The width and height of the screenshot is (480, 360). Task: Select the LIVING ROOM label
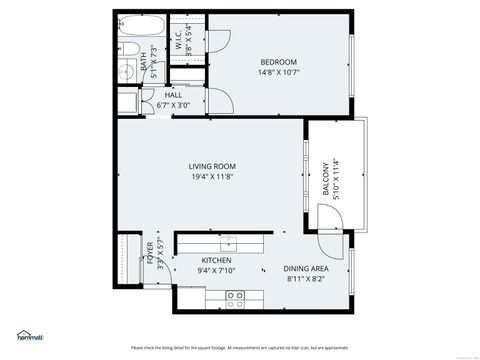[211, 166]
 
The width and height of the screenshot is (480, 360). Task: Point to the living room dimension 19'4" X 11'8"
[211, 177]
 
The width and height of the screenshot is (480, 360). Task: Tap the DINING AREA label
[306, 268]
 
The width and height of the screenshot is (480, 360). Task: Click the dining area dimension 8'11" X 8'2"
[306, 279]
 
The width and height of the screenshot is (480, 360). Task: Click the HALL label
[159, 95]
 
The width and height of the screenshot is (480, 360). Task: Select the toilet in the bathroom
[126, 69]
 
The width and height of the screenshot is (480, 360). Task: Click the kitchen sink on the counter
[229, 240]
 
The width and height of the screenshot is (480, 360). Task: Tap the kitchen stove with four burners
[235, 296]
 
